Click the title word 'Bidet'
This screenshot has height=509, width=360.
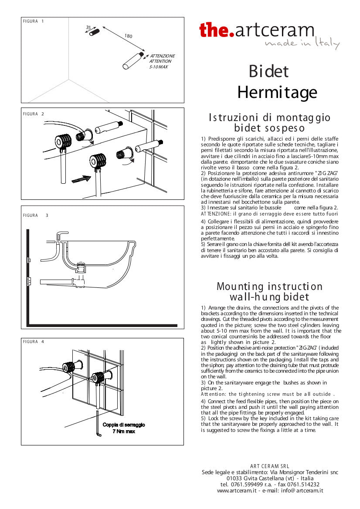coord(268,71)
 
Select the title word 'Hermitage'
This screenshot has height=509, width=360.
coord(277,92)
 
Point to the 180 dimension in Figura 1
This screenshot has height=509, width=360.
coord(128,36)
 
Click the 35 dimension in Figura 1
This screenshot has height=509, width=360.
coord(88,27)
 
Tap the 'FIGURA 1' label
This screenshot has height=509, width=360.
coord(33,21)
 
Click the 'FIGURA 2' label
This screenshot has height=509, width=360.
coord(33,114)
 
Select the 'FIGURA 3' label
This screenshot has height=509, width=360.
coord(35,215)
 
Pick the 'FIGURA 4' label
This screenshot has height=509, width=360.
coord(33,342)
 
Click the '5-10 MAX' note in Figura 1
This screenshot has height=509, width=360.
coord(159,67)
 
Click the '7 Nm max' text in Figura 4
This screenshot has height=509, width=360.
coord(124,431)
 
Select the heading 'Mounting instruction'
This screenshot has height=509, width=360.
coord(269,287)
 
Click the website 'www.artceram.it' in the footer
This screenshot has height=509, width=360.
coord(235,490)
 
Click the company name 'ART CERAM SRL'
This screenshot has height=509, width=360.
coord(269,466)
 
